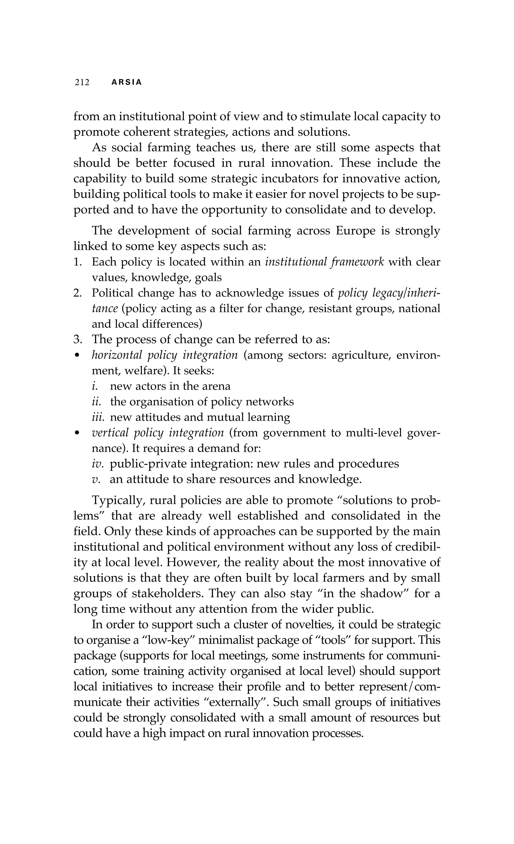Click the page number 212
pos(82,83)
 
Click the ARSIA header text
pos(127,83)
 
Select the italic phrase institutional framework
pos(325,262)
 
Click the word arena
pos(216,386)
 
